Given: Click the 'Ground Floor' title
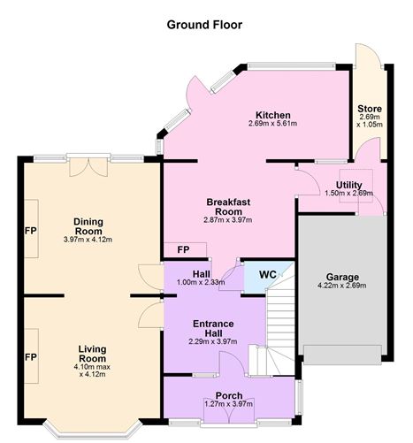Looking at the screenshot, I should click(204, 24).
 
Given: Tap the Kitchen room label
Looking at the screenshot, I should click(273, 115).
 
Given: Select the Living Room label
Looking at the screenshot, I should click(91, 353).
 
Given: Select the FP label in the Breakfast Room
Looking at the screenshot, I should click(183, 250).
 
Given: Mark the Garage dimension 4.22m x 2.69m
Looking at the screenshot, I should click(340, 286).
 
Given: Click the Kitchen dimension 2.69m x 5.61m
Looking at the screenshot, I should click(273, 125).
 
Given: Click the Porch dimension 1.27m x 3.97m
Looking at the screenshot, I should click(228, 404).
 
